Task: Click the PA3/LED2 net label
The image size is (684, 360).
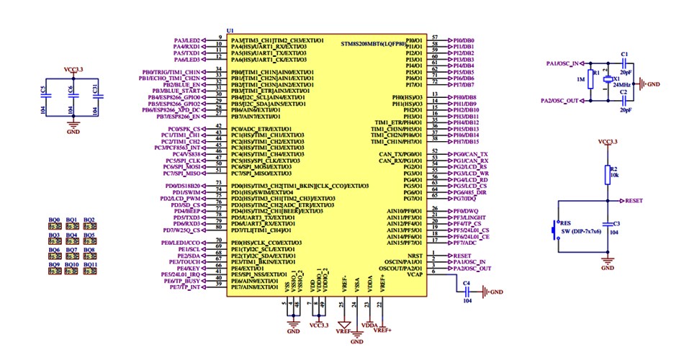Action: tap(186, 40)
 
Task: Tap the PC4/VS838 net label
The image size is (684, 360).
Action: tap(184, 153)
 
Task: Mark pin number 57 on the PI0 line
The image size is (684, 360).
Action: tap(435, 37)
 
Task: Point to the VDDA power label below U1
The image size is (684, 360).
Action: tap(369, 325)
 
